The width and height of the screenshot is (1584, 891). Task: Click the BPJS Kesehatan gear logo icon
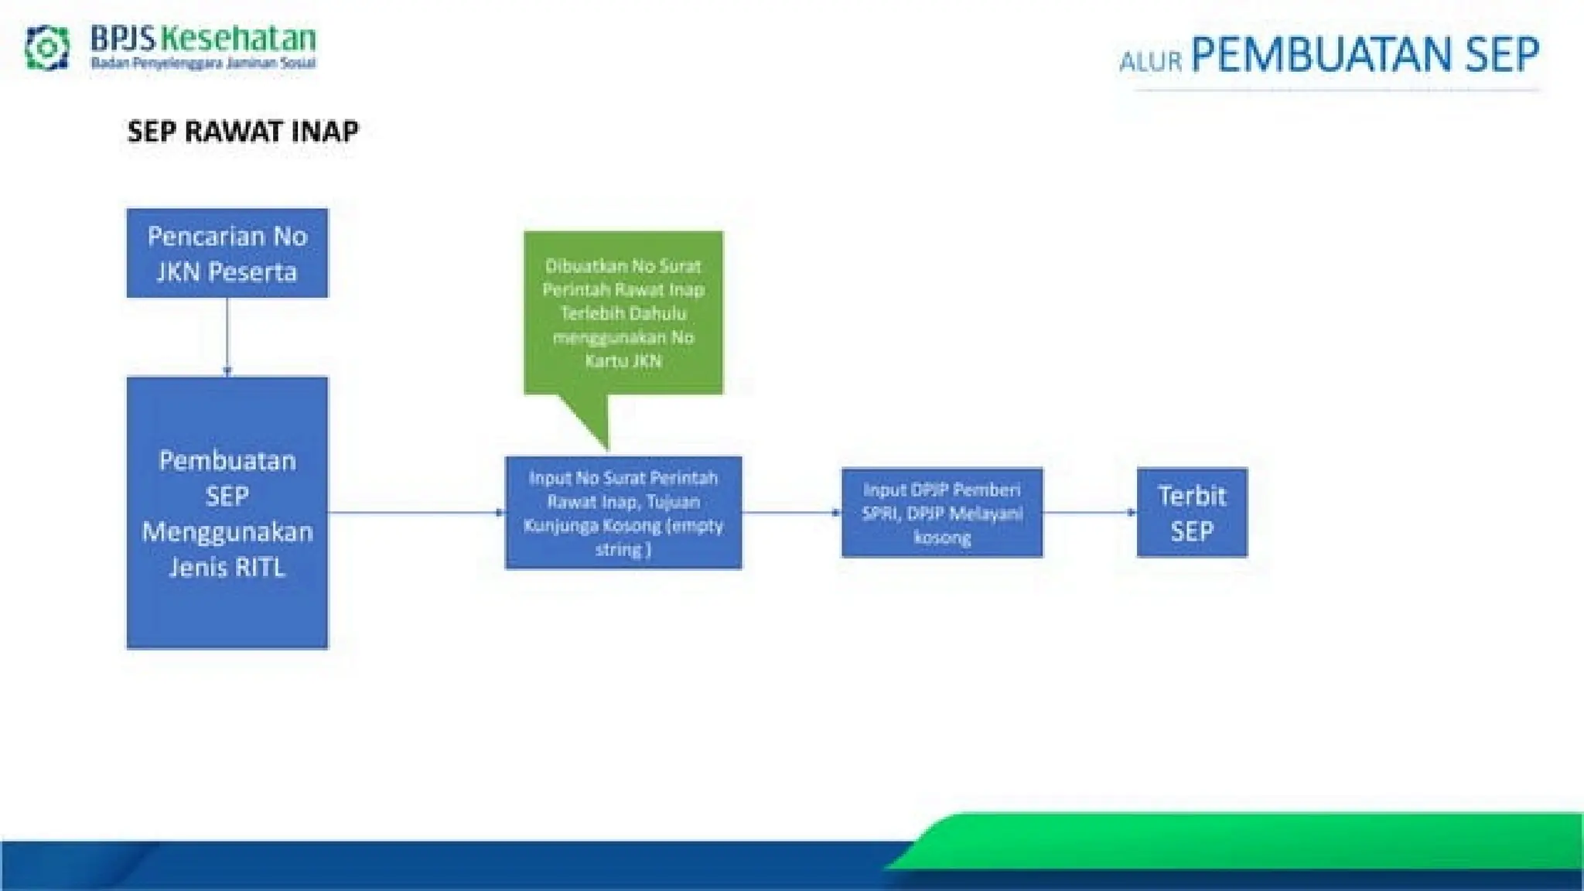[46, 48]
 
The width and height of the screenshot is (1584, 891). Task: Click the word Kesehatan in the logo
[240, 39]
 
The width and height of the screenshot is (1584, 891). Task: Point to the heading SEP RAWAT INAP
[243, 131]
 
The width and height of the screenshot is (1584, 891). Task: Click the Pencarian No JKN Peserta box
[227, 253]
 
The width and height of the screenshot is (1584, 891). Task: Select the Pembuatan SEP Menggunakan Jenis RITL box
[227, 512]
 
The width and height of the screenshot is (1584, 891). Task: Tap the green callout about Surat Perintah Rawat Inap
[623, 312]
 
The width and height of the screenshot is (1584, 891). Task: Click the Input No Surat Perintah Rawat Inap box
[623, 513]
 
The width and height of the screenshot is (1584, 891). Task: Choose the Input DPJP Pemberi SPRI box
[942, 513]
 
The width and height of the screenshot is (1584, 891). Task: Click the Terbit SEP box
[1192, 513]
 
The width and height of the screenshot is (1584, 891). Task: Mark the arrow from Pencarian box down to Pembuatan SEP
[227, 337]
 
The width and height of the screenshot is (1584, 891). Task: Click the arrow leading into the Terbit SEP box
[1090, 512]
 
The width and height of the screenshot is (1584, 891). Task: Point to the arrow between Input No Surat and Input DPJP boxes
[791, 512]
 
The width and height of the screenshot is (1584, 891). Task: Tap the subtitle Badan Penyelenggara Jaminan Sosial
[203, 63]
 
